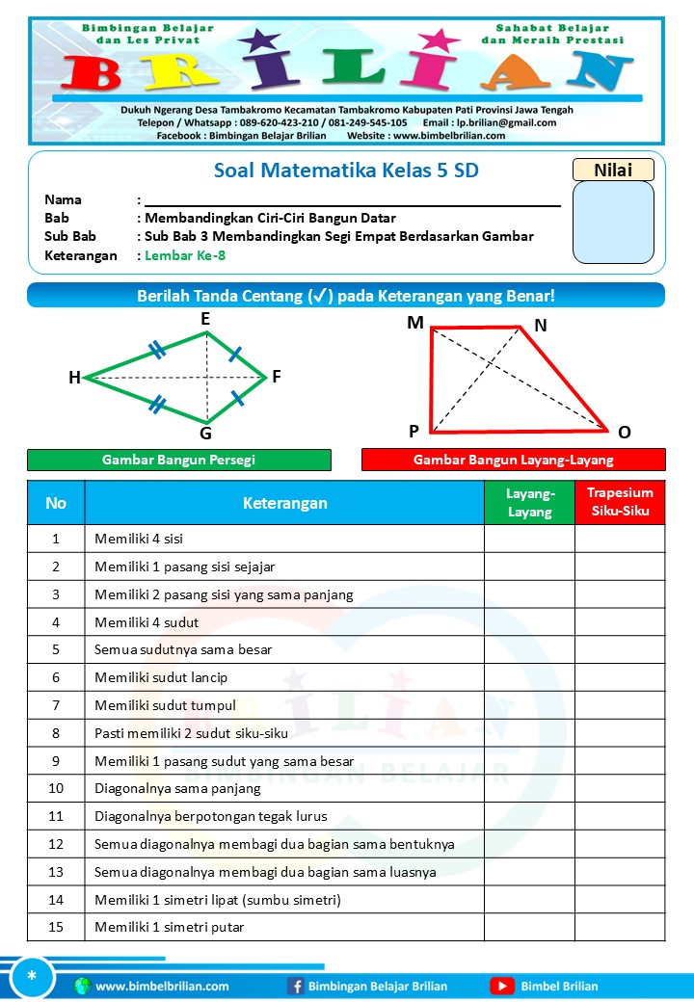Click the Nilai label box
coord(613,170)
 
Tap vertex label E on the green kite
coord(206,319)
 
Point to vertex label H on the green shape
coord(74,379)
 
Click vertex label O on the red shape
coord(625,433)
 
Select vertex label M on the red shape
coord(414,323)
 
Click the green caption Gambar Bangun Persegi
coord(178,461)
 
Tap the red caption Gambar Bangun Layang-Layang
coord(514,461)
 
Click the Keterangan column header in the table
coord(284,503)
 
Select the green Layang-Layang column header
coord(529,503)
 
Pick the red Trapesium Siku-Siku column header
coord(620,502)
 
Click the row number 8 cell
coord(56,733)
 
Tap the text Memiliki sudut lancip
coord(161,677)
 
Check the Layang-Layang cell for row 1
coord(529,539)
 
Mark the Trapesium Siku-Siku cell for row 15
coord(620,927)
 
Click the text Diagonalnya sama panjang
coord(177,788)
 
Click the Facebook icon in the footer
coord(296,986)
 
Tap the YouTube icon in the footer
coord(501,986)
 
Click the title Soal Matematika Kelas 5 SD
coord(345,171)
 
